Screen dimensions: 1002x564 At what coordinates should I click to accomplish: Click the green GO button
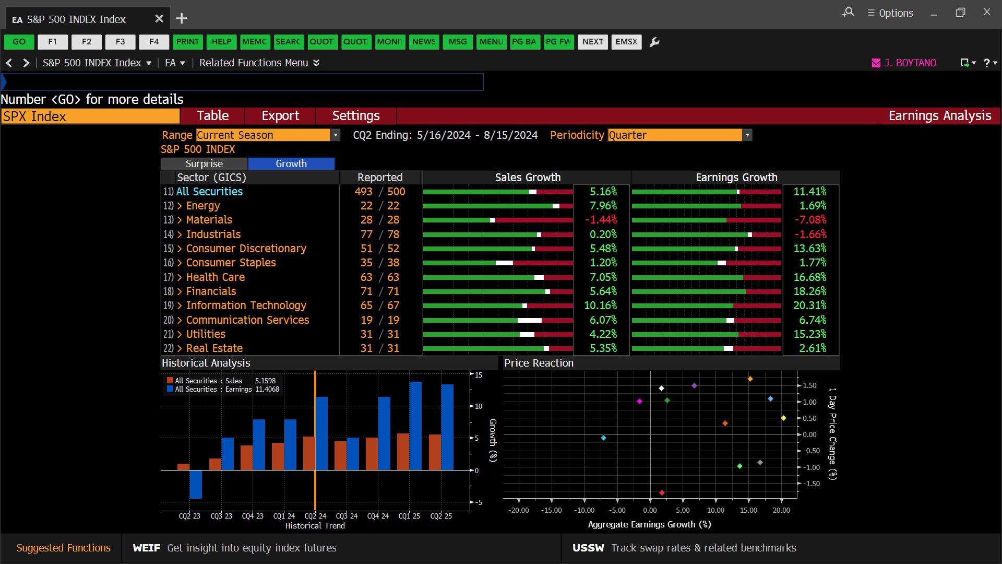click(19, 42)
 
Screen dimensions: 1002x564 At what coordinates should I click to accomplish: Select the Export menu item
click(280, 116)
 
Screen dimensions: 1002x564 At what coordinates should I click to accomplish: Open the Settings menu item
click(356, 116)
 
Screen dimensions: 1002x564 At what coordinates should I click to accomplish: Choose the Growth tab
click(291, 164)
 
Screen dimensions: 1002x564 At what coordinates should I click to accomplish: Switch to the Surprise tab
click(204, 164)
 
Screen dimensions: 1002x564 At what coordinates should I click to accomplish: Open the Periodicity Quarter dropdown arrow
click(748, 135)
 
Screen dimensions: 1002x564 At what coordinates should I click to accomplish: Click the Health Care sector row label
click(216, 277)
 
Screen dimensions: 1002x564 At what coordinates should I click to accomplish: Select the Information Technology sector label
click(246, 305)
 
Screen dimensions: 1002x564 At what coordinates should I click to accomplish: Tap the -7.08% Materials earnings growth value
click(810, 220)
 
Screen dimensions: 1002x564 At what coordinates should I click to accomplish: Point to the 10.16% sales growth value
click(600, 305)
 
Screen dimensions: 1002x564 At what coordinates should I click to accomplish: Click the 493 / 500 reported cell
click(380, 192)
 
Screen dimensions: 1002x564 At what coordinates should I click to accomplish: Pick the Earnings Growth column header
click(736, 178)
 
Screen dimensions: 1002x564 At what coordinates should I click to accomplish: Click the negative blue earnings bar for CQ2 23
click(196, 484)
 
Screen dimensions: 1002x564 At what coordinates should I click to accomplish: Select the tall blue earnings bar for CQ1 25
click(415, 426)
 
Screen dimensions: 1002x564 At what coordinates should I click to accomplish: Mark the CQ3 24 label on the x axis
click(347, 516)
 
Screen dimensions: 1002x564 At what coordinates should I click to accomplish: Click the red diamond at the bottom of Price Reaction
click(662, 492)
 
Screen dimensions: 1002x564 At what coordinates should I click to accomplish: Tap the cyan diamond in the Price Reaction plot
click(603, 438)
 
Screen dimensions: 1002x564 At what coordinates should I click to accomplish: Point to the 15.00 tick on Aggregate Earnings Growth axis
click(748, 510)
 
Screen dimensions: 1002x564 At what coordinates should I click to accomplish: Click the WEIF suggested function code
click(147, 548)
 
